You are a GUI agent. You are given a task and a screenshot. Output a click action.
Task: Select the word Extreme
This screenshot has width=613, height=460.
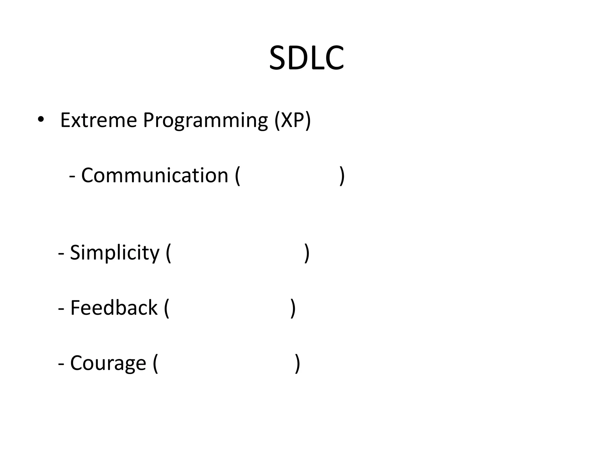point(98,120)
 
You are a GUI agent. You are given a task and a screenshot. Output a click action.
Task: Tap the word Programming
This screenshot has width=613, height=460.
point(205,120)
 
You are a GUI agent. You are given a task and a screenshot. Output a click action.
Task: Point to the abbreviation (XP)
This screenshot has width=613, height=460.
point(293,120)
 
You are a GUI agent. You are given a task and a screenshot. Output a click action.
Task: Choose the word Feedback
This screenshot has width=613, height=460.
point(114,308)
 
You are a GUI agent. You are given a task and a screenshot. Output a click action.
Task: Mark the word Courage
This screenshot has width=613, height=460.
point(108,363)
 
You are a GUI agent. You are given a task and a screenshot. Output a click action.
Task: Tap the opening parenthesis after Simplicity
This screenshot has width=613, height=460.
point(168,253)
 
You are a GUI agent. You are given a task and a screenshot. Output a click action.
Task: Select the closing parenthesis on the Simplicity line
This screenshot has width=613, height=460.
point(307,253)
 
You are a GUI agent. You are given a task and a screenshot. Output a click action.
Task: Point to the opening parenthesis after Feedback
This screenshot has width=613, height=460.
point(166,308)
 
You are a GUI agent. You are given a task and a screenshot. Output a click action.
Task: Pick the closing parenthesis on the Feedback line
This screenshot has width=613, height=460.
point(293,308)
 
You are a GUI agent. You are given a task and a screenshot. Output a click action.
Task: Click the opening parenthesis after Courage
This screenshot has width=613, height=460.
point(155,363)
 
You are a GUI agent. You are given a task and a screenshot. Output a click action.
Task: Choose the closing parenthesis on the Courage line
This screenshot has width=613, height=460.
point(297,363)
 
